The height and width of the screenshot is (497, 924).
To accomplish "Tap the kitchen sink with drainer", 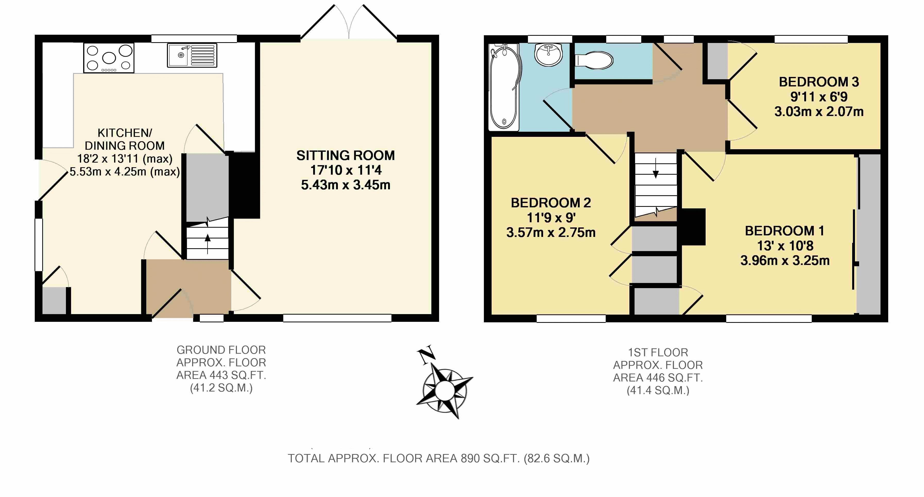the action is point(192,55).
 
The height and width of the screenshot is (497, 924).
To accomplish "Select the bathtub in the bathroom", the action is point(504,87).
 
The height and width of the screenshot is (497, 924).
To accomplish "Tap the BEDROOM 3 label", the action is point(819,82).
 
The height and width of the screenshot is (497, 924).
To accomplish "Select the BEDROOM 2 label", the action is point(551,203).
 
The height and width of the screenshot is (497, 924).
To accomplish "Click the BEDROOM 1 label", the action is point(784,231).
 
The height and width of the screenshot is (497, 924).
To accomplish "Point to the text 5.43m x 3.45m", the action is point(345,185).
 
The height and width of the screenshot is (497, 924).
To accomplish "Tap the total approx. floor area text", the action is point(439,458).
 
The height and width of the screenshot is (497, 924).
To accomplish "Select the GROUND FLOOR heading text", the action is point(221,350).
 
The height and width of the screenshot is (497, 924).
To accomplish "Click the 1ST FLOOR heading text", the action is point(658,353).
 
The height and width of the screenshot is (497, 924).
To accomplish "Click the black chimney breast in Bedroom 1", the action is point(693,227).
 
